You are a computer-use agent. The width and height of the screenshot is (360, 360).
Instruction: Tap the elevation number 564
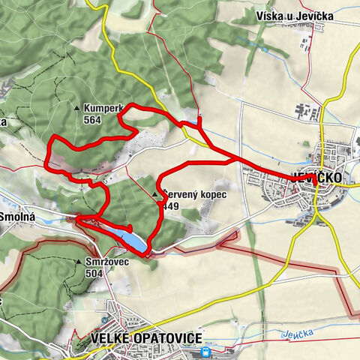pyautogui.click(x=93, y=120)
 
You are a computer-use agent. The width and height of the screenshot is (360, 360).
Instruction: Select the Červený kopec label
pyautogui.click(x=193, y=194)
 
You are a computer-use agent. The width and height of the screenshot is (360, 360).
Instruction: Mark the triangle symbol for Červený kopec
pyautogui.click(x=155, y=195)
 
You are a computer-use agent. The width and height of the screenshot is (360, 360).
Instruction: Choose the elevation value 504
pyautogui.click(x=94, y=274)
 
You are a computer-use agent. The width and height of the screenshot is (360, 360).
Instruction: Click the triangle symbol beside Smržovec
pyautogui.click(x=79, y=262)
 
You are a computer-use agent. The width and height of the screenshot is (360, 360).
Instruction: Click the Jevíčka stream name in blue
pyautogui.click(x=295, y=334)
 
